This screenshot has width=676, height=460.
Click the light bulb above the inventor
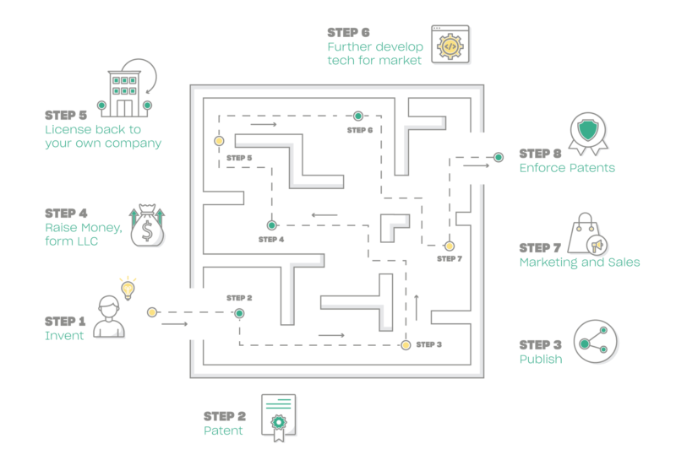click(x=128, y=289)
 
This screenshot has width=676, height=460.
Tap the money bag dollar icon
click(x=147, y=225)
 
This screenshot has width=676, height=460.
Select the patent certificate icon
click(x=279, y=417)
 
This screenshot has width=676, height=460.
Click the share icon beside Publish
click(x=596, y=342)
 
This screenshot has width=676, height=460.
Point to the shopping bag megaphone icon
click(x=587, y=234)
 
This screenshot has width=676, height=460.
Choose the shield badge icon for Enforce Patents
click(x=588, y=133)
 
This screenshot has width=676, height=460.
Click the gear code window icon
click(x=450, y=45)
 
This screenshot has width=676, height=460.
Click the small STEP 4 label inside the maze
click(x=271, y=240)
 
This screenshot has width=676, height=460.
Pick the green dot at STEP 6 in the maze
click(x=357, y=116)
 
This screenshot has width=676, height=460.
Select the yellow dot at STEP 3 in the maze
click(x=406, y=345)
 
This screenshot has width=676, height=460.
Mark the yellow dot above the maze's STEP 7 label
click(x=450, y=246)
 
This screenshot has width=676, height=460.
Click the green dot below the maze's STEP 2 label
click(x=239, y=313)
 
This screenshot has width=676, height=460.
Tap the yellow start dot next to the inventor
click(x=152, y=312)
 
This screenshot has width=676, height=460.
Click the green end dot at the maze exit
click(x=499, y=157)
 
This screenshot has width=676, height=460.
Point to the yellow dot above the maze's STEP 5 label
click(x=219, y=141)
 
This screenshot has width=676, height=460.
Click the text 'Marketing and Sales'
click(x=580, y=262)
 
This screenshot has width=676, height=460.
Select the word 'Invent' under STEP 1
click(x=64, y=336)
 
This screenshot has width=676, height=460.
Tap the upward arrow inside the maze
click(x=417, y=307)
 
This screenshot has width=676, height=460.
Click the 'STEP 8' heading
click(x=540, y=154)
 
